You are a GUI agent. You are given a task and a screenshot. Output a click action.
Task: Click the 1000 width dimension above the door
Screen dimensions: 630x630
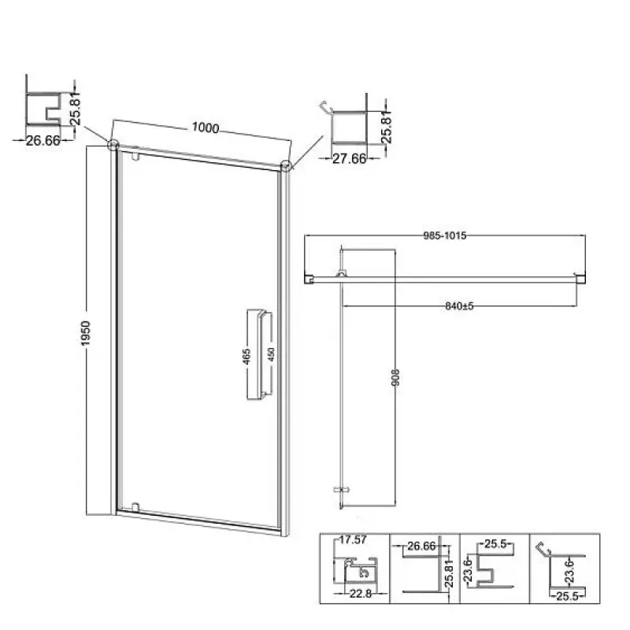coord(206,128)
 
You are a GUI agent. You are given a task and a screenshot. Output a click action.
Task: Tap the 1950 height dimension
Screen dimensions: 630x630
coord(86,333)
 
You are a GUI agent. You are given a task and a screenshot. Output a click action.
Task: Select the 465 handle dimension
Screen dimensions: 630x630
coord(246,357)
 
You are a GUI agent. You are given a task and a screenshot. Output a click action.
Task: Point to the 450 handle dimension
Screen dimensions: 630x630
coord(271,355)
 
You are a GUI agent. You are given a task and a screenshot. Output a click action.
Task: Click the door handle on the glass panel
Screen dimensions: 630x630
coord(259,354)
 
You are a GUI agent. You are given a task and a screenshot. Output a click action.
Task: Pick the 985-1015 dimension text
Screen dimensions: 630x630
coord(445,235)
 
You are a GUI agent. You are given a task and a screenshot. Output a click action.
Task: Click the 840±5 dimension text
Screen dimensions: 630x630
coord(459,306)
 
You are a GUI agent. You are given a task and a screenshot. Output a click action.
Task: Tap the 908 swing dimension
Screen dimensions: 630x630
coord(395,378)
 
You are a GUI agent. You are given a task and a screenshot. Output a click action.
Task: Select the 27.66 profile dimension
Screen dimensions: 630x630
coord(349,159)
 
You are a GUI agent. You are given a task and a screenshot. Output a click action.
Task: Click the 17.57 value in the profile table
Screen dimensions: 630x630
coord(353,540)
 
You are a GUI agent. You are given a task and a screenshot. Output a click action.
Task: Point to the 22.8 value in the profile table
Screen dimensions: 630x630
coord(361,594)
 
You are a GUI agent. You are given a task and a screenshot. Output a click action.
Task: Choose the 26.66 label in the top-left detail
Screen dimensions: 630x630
coord(43,141)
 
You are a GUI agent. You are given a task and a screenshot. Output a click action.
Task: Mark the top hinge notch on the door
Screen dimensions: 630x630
coord(135,156)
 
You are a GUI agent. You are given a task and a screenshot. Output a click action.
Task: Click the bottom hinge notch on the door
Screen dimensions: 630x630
coord(135,506)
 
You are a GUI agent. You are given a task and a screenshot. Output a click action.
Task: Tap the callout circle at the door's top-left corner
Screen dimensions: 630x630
coord(113,145)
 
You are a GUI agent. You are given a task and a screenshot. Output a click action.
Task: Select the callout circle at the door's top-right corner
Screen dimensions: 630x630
coord(285,165)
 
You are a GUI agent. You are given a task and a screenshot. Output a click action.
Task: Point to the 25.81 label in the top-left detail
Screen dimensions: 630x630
coord(75,109)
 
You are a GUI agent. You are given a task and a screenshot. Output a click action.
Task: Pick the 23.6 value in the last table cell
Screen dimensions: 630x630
coord(569,572)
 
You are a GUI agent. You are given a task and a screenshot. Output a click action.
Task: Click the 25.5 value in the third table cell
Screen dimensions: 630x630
coord(495,544)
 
